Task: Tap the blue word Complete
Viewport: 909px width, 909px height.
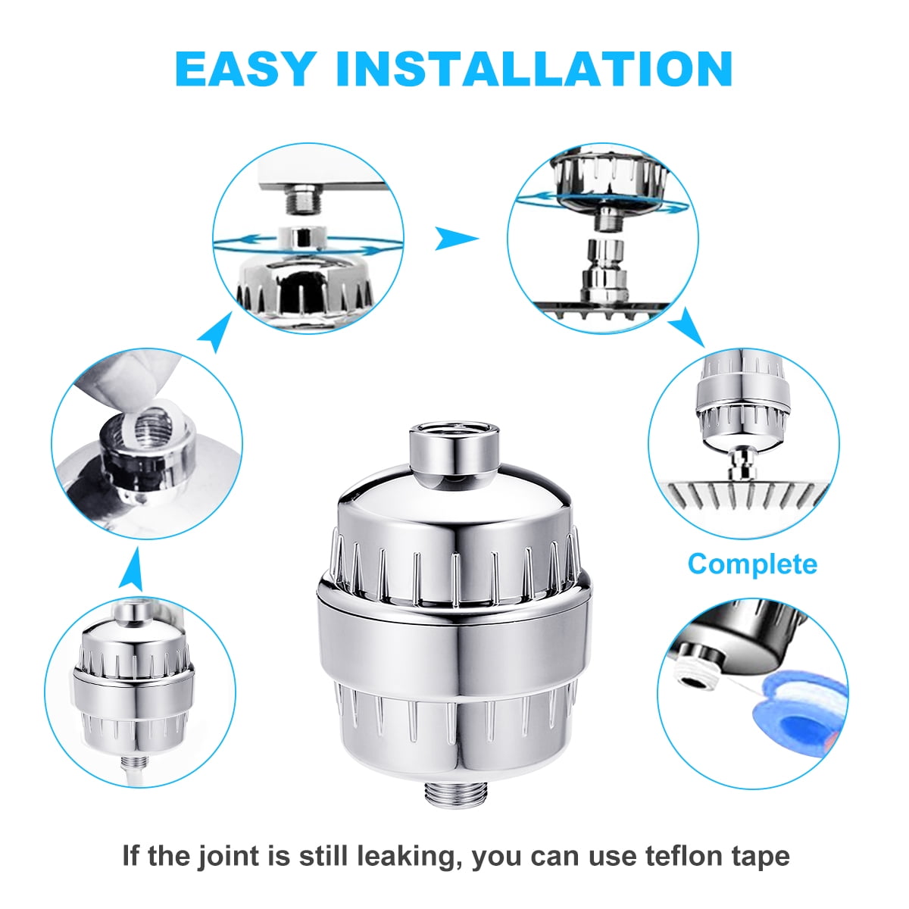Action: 752,564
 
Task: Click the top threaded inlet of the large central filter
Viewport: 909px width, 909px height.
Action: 454,453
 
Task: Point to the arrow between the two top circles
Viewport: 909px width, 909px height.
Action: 455,239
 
